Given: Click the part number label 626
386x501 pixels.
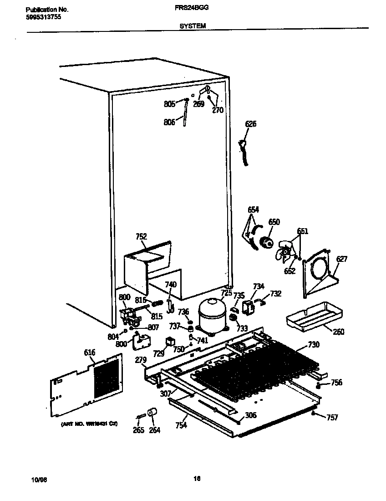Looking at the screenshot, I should tap(250, 123).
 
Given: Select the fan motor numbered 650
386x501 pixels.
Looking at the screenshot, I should tap(265, 242).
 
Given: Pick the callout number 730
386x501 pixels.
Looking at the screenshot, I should tap(313, 344).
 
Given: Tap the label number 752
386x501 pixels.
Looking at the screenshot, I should tap(141, 236).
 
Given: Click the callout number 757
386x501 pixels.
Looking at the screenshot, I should tap(332, 417).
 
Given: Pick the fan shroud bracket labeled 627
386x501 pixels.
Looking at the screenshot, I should tap(319, 273).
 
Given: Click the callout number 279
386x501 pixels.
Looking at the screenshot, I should tap(141, 360).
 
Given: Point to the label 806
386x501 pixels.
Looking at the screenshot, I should tap(169, 122).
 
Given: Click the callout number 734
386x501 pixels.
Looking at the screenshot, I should tap(258, 286).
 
